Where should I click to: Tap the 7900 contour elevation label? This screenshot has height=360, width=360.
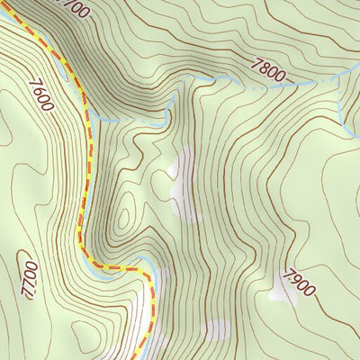298,283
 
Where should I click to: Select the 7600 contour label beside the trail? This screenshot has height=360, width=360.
41,94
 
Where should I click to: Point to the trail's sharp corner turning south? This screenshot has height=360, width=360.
144,270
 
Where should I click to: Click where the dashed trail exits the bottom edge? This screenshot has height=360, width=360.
140,358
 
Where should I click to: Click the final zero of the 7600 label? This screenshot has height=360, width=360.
48,105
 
